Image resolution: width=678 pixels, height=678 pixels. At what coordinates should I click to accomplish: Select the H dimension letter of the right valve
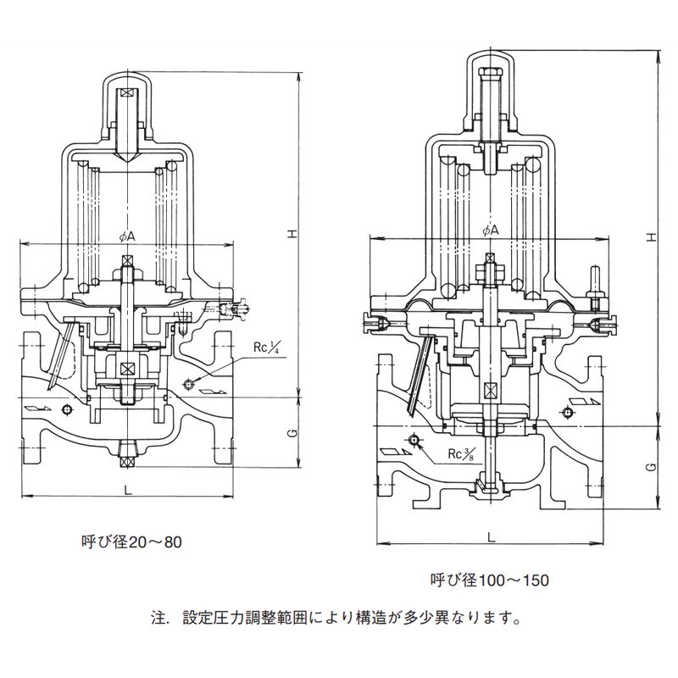(x=651, y=236)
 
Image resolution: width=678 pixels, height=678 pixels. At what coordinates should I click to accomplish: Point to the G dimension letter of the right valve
(x=651, y=467)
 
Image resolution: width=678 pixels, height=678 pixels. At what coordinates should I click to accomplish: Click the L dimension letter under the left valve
(x=127, y=490)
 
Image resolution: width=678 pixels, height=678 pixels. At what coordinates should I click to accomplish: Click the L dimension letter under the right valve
(x=491, y=536)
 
